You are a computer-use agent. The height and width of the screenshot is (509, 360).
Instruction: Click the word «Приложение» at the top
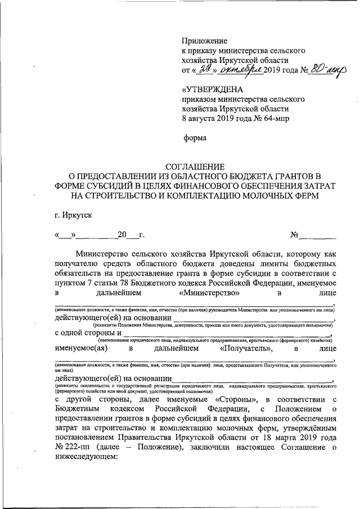pyautogui.click(x=204, y=40)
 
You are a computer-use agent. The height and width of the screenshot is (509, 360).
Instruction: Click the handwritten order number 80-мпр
pyautogui.click(x=323, y=70)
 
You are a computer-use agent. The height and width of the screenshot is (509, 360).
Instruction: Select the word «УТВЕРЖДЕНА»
pyautogui.click(x=211, y=89)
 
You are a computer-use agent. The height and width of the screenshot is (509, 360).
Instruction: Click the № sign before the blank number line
pyautogui.click(x=294, y=235)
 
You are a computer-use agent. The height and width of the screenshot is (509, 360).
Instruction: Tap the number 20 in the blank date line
pyautogui.click(x=122, y=235)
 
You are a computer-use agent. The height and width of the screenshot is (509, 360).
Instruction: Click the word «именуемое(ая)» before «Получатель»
pyautogui.click(x=80, y=349)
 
